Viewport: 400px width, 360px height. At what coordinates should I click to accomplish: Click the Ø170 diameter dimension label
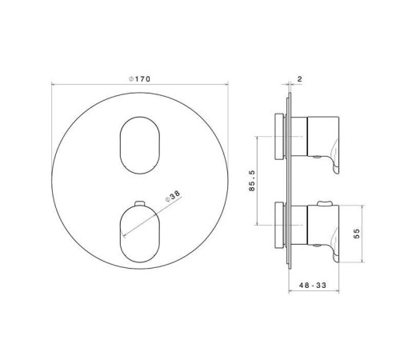click(x=141, y=78)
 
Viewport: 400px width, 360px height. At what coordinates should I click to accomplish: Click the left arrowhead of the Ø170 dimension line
click(x=54, y=84)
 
